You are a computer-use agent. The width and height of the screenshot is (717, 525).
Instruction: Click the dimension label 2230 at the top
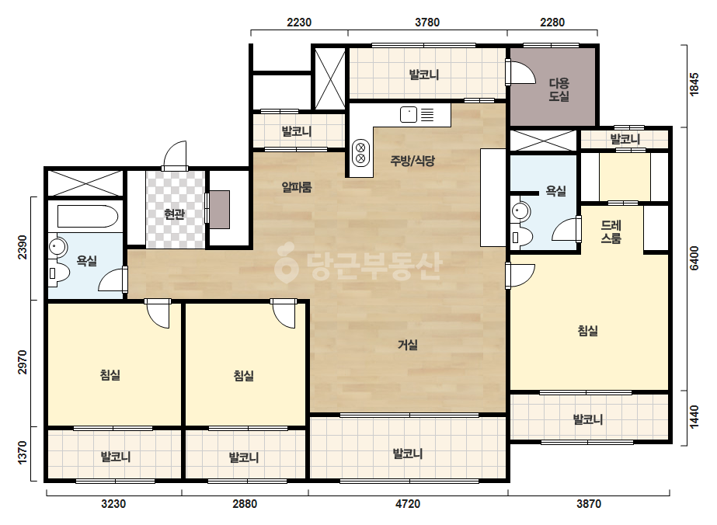299,22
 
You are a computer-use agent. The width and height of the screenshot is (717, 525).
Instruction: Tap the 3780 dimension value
427,22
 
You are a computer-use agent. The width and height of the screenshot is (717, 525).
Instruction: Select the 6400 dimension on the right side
694,259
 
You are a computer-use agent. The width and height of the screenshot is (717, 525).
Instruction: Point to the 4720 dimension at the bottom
407,504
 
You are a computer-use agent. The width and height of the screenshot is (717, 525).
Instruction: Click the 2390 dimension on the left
23,248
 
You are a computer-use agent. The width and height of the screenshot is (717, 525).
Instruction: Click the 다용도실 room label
559,89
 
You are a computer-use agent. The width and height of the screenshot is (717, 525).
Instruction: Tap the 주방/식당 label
412,161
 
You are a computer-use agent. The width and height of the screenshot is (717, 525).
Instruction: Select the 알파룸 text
297,186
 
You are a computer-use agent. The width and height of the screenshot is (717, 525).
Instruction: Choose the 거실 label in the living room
407,344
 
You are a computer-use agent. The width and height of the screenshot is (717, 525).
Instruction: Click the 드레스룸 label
611,231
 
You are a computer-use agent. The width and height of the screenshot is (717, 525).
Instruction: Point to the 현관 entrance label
174,214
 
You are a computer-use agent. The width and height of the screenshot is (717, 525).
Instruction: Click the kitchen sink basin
409,114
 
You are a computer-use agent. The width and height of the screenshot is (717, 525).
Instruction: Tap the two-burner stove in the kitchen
360,153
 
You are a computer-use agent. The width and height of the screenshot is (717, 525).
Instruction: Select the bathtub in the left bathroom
88,217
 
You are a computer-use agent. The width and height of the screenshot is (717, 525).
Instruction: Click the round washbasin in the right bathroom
520,210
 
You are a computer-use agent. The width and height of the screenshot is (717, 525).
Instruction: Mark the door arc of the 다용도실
522,71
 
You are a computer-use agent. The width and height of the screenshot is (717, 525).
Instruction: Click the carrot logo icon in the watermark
286,263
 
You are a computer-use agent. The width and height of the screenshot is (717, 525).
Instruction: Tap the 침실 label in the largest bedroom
587,330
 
